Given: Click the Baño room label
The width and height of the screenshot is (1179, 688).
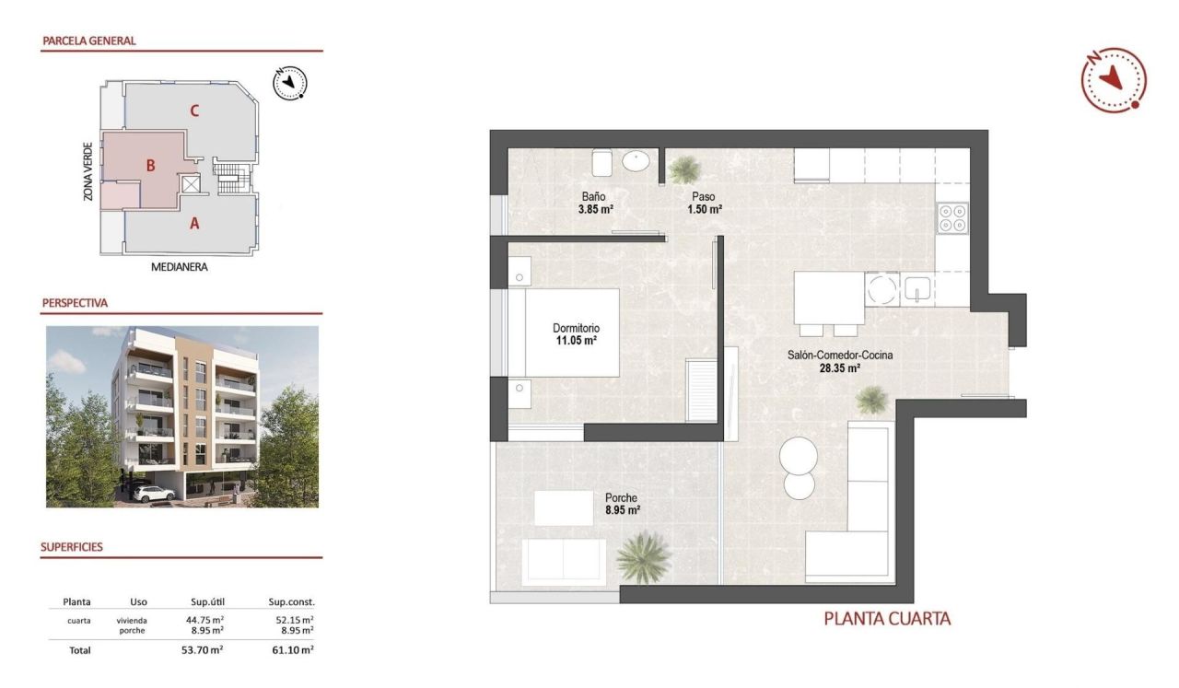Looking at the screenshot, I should (592, 195).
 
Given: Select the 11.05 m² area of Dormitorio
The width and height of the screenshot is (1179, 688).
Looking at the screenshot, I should (577, 341).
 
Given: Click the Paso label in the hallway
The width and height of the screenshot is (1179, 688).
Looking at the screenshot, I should (704, 195).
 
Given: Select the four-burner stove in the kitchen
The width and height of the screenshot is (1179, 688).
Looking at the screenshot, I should (952, 217).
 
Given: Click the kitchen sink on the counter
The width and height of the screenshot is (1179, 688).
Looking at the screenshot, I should (917, 289).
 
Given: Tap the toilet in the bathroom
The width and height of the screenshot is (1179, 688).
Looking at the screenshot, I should (602, 163).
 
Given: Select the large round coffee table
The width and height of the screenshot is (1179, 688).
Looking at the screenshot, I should (799, 455).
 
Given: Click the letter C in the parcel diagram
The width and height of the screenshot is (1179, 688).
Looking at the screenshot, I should (194, 111).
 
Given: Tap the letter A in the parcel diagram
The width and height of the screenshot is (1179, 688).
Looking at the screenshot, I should (194, 222).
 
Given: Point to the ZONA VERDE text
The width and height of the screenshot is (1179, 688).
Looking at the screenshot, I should (88, 171).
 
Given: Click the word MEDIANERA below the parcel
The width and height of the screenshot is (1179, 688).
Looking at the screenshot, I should (180, 268).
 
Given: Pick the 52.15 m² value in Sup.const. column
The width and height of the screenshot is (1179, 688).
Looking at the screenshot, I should (295, 620).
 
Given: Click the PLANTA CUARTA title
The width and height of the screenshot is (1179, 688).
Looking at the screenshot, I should (887, 619).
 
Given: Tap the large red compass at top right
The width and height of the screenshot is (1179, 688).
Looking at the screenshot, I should (1114, 79).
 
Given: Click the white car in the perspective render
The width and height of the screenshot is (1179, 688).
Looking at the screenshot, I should (154, 494).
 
